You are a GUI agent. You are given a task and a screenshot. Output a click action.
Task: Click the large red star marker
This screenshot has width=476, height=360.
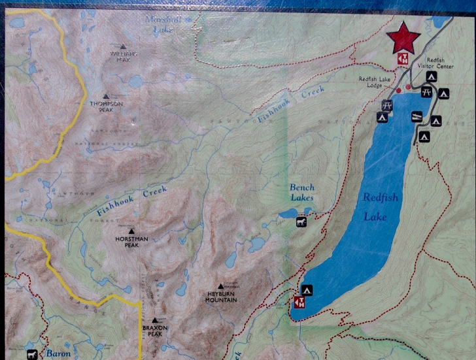click(403, 38)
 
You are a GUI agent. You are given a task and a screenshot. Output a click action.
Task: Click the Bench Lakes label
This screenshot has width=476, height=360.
click(302, 192)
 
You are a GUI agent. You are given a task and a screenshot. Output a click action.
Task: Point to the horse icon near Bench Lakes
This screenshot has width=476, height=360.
click(302, 222)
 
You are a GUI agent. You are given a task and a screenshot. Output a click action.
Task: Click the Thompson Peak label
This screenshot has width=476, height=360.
click(106, 106)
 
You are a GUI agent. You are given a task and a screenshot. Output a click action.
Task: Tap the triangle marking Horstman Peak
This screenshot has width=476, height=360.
click(131, 231)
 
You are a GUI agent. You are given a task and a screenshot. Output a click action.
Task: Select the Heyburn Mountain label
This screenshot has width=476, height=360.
click(220, 297)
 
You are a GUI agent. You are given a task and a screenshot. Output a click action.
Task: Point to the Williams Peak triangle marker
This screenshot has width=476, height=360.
click(122, 46)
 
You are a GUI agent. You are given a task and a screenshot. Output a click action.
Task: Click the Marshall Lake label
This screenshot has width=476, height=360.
click(161, 24)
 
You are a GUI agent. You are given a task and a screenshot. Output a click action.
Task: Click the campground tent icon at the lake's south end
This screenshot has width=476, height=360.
click(306, 289)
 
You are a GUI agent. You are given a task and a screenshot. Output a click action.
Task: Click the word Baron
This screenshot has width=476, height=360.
click(58, 354)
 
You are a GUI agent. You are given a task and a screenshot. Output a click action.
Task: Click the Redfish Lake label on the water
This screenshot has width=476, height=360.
click(381, 206)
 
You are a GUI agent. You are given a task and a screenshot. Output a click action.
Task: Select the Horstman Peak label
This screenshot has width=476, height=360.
click(131, 242)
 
